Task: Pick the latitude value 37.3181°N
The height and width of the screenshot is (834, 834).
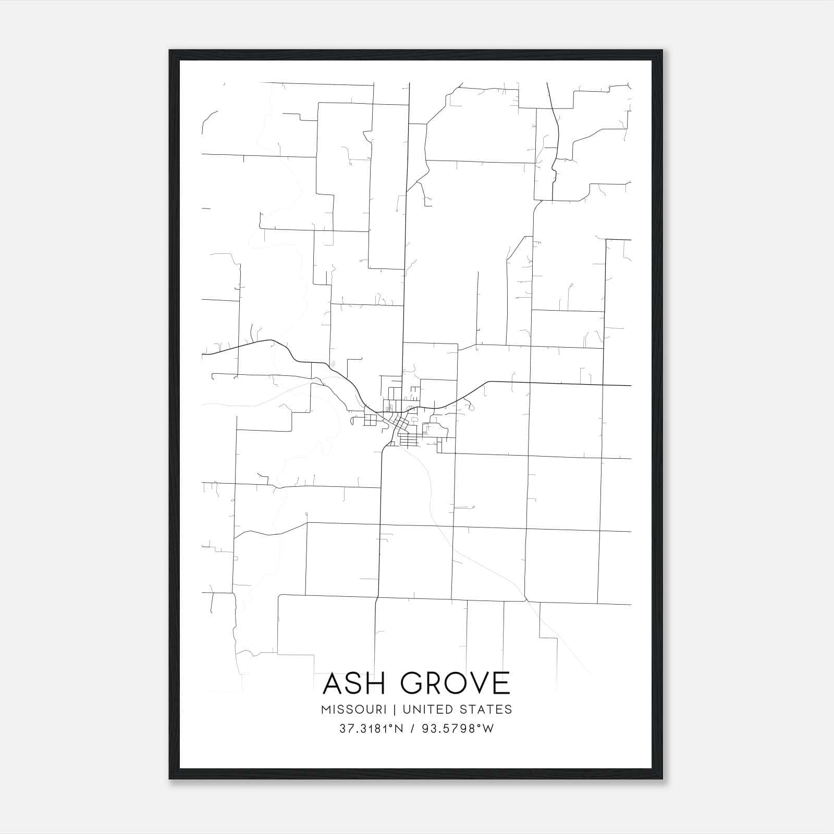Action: point(372,729)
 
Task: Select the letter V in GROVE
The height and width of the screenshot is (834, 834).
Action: point(474,683)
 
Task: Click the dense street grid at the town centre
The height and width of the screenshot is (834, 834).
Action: point(402,425)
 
